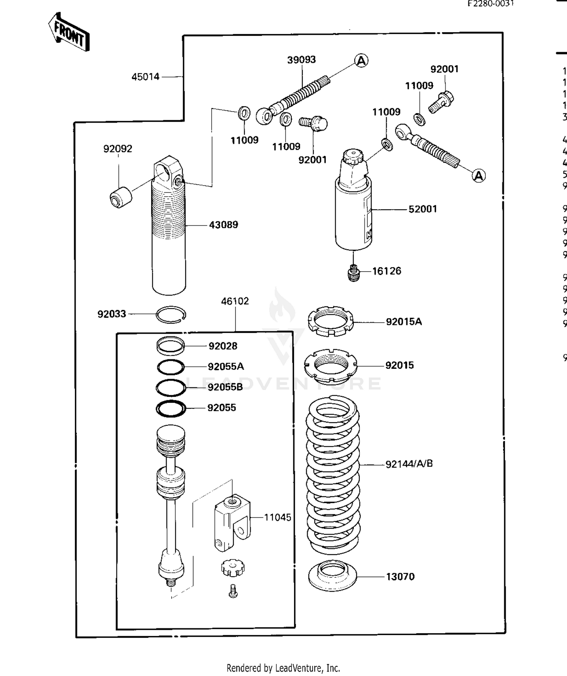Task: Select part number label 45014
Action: tap(146, 77)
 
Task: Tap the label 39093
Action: tap(301, 60)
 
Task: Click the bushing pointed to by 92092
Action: tap(121, 197)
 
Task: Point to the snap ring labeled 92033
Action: tap(171, 314)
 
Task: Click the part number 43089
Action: tap(223, 225)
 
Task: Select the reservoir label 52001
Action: tap(423, 209)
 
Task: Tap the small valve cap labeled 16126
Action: tap(353, 273)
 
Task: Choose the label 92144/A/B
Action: tap(409, 464)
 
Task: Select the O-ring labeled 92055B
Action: tap(171, 387)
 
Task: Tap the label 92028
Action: tap(223, 346)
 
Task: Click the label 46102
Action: tap(235, 301)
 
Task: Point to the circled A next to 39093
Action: tap(361, 61)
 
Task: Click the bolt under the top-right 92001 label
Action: tap(441, 102)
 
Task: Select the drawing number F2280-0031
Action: tap(490, 4)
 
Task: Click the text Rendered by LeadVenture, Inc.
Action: tap(283, 668)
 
